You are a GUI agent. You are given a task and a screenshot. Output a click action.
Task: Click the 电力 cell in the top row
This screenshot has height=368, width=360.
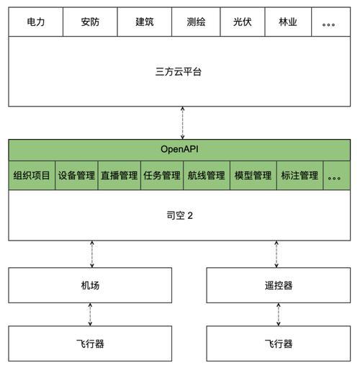[36, 22]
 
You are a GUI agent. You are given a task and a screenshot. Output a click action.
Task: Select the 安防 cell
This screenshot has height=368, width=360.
[91, 22]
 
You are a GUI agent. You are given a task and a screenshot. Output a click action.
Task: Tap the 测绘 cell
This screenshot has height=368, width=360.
[195, 22]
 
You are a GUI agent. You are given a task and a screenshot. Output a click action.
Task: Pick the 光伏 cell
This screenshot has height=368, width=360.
[241, 22]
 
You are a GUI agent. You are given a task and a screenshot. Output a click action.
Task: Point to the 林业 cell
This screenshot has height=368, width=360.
[287, 22]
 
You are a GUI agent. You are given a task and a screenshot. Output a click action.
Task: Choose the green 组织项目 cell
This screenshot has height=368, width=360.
[32, 175]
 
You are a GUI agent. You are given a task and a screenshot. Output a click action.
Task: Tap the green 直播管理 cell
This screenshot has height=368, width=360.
[119, 175]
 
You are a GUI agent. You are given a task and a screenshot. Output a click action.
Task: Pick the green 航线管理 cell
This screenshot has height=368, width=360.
[205, 175]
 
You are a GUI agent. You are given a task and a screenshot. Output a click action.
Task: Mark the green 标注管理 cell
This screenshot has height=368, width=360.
[300, 175]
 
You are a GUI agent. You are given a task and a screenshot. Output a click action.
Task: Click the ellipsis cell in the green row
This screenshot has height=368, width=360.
[335, 175]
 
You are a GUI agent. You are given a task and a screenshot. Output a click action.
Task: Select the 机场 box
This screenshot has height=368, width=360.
[91, 285]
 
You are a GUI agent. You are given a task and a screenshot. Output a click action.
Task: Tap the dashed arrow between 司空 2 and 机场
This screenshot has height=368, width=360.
[91, 253]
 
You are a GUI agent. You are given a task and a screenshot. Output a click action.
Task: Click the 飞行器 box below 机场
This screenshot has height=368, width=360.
[91, 344]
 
